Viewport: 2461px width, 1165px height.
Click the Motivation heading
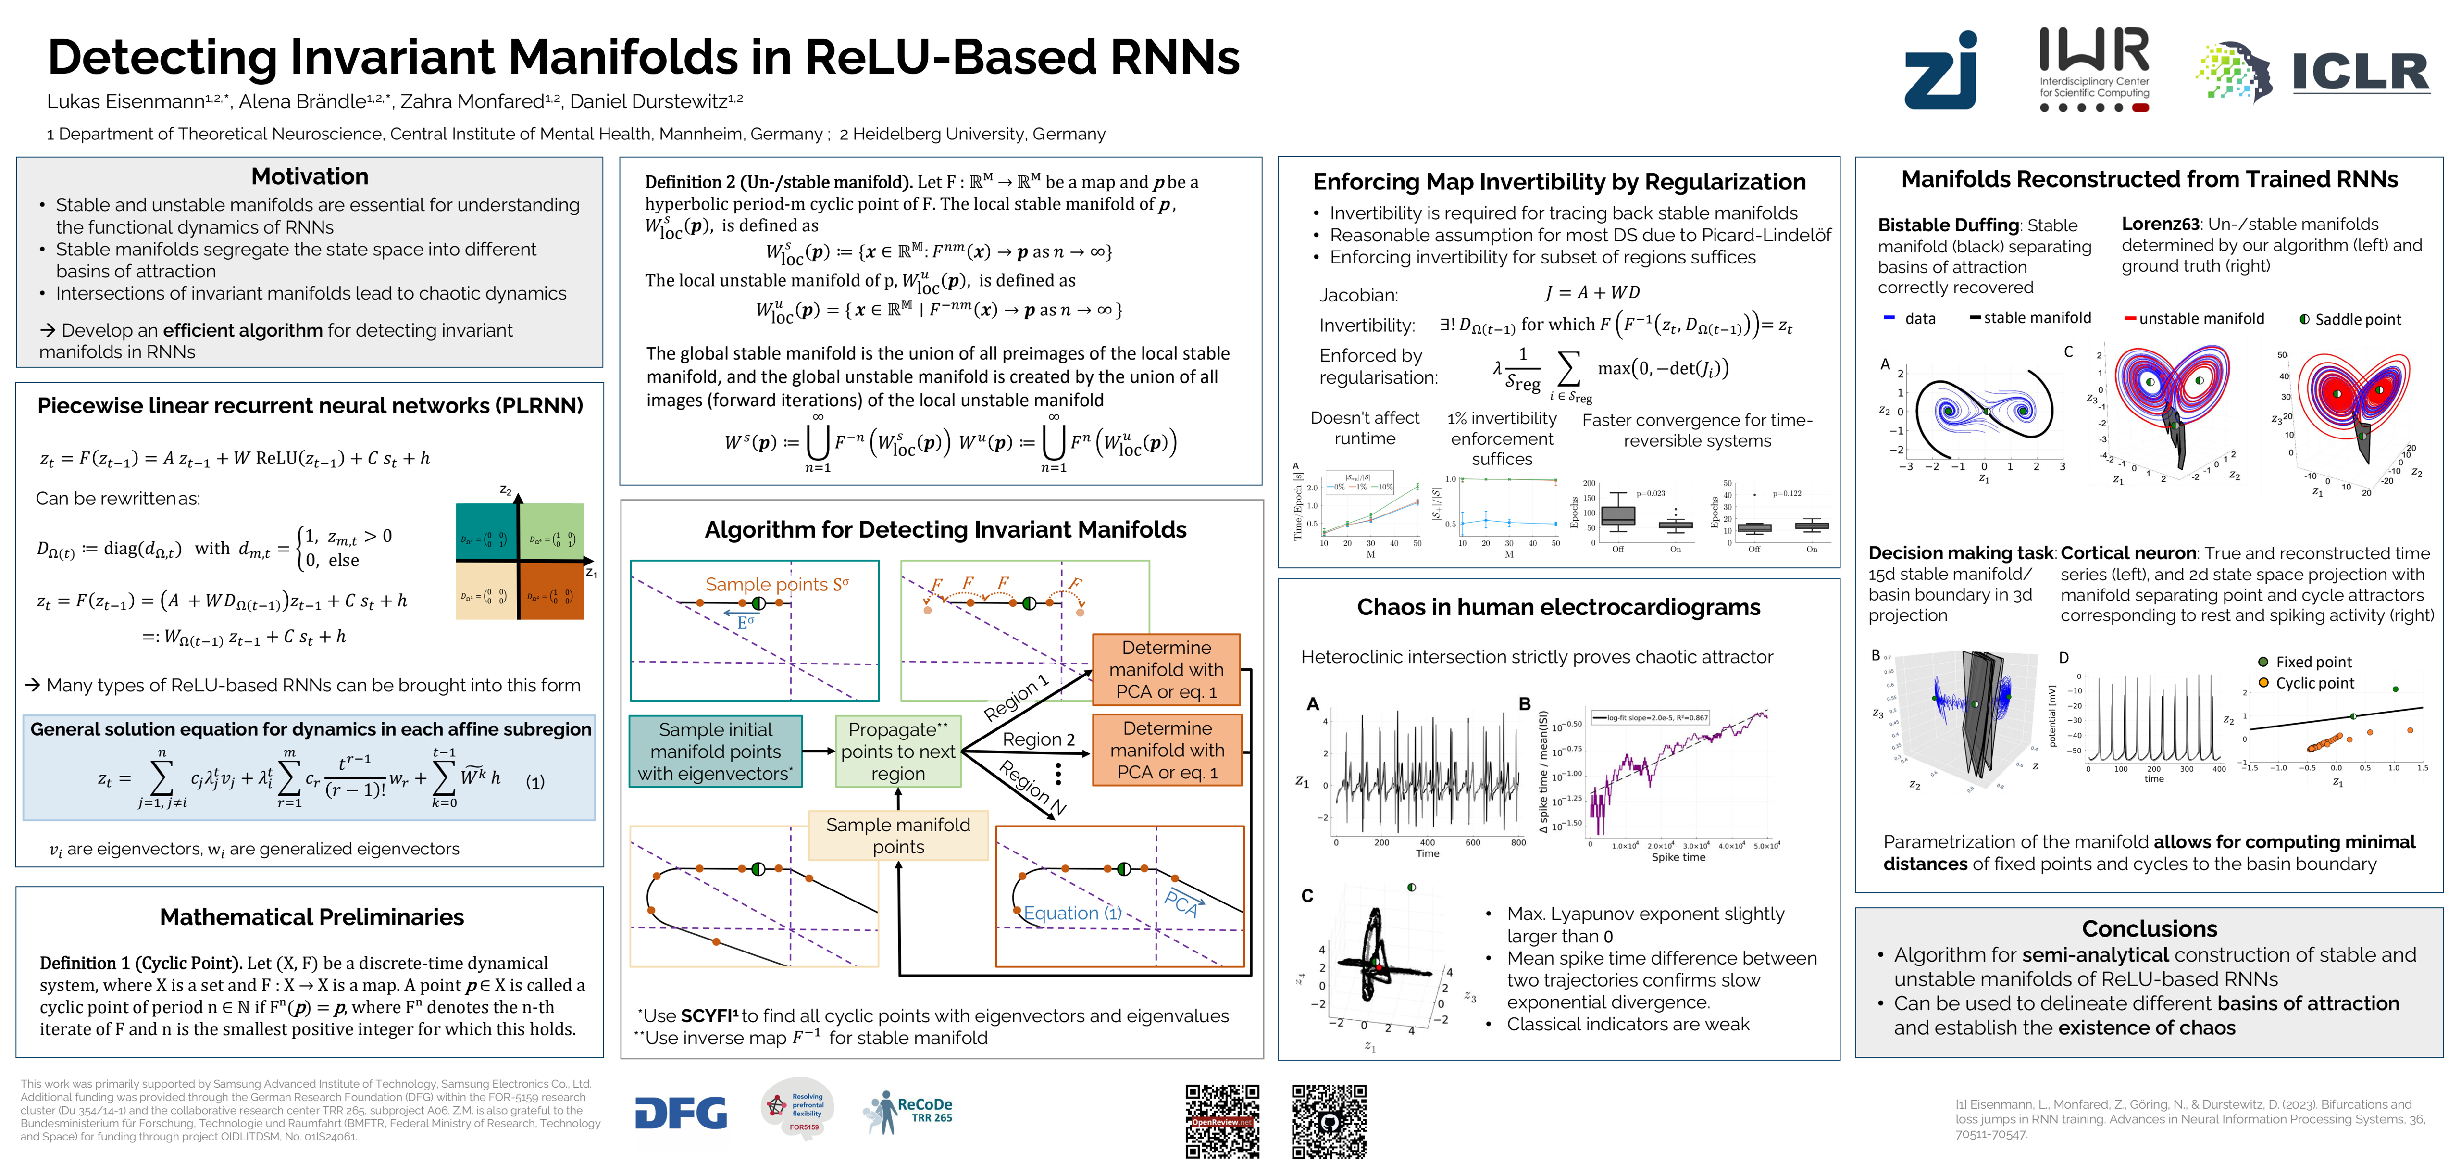click(310, 177)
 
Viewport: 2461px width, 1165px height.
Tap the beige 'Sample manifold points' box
click(898, 835)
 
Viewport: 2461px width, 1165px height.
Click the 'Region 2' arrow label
click(1038, 739)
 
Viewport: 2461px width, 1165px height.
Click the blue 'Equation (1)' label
click(1072, 913)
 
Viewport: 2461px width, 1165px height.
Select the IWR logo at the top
click(2094, 69)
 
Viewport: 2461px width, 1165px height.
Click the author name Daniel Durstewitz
click(650, 101)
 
